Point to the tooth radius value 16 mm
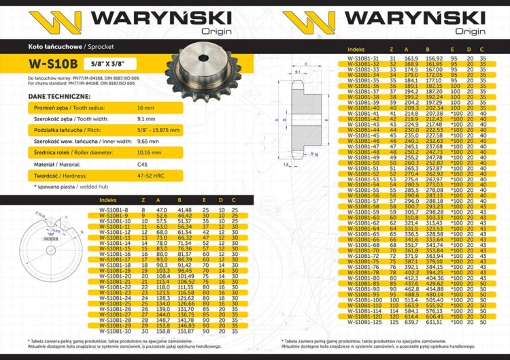tap(146, 109)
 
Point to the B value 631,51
tap(433, 322)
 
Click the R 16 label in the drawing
tap(317, 155)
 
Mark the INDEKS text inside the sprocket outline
tap(48, 240)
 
